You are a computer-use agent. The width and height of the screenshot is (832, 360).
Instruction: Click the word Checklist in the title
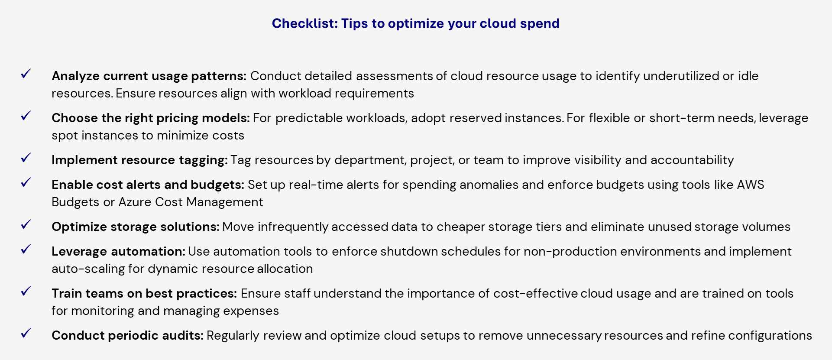304,23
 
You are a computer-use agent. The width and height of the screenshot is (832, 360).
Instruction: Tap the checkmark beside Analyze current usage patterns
26,74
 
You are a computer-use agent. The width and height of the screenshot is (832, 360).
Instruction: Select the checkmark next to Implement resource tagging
26,158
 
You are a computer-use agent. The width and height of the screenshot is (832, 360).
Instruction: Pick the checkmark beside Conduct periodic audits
26,333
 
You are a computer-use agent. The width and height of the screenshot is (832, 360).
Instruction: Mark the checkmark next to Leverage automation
26,249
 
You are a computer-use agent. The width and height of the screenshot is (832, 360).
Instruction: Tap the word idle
748,76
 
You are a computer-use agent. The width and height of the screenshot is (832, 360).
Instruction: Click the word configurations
770,336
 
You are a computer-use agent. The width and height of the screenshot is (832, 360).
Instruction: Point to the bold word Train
66,293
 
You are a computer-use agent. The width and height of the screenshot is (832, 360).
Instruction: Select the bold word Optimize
79,227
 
